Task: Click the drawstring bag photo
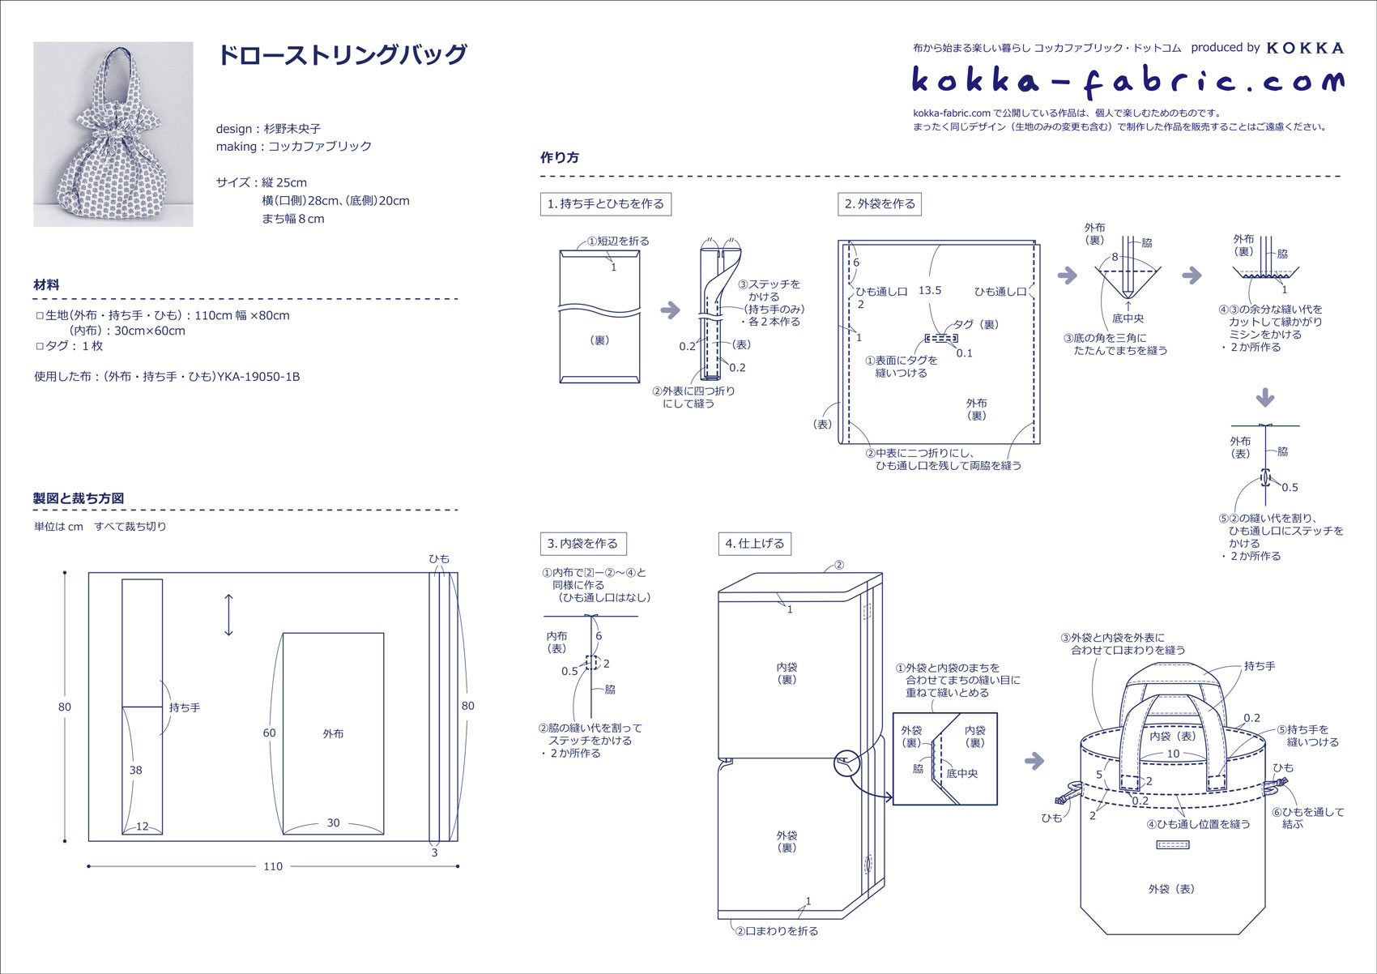point(113,134)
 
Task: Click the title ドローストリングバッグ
point(342,55)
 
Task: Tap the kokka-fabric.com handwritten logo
point(1127,81)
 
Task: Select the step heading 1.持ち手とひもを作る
point(606,204)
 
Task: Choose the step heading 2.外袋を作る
point(880,204)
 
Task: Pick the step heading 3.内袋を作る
point(583,544)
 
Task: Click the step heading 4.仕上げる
point(755,544)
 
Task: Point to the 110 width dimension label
point(273,866)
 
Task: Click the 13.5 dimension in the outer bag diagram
point(930,290)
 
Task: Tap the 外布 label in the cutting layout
point(333,733)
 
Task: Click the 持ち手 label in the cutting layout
point(185,707)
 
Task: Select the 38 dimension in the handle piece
point(135,770)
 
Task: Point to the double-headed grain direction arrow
point(229,615)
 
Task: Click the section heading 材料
point(46,285)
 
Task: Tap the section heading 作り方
point(560,158)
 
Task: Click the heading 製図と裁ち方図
point(79,498)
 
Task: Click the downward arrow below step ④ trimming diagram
point(1265,397)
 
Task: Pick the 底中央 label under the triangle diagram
point(1128,318)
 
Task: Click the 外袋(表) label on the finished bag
point(1171,889)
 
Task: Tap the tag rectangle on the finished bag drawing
point(1174,845)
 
